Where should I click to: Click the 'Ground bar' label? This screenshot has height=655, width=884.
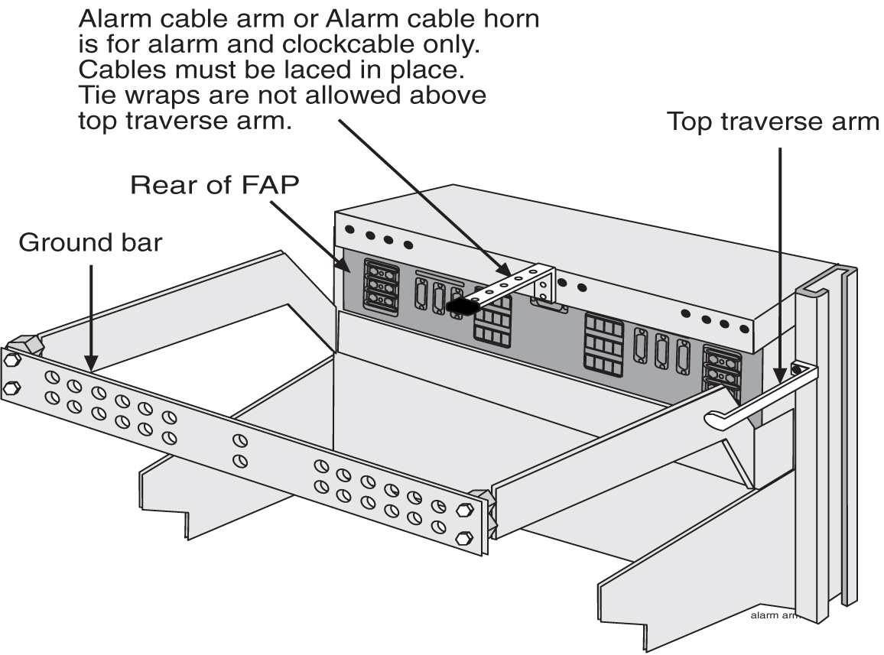pyautogui.click(x=90, y=242)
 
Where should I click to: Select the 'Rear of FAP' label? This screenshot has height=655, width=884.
pyautogui.click(x=212, y=185)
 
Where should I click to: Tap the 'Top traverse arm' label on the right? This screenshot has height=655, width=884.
pyautogui.click(x=773, y=122)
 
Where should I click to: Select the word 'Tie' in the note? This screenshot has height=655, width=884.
pyautogui.click(x=99, y=97)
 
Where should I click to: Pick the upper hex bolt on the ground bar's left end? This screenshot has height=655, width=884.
pyautogui.click(x=11, y=359)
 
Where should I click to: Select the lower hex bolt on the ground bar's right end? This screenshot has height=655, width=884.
pyautogui.click(x=462, y=538)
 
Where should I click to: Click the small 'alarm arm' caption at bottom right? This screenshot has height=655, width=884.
pyautogui.click(x=774, y=614)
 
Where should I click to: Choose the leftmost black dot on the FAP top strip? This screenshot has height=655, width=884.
pyautogui.click(x=349, y=229)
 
